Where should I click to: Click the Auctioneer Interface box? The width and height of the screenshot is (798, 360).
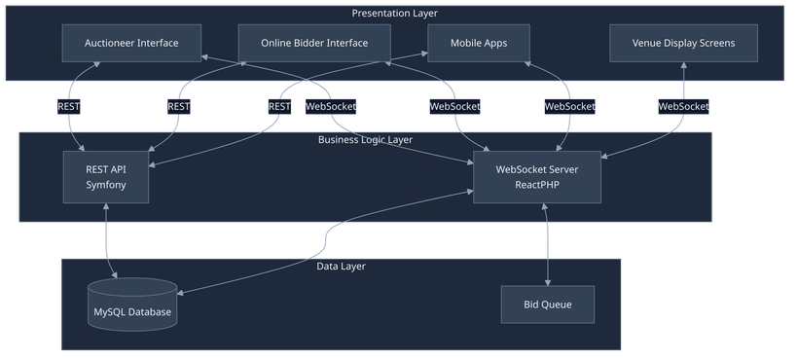[x=132, y=44]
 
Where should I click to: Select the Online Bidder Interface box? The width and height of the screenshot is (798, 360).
[x=314, y=44]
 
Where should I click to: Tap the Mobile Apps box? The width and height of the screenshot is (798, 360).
[x=478, y=44]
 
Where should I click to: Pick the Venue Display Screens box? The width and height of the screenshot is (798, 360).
[x=683, y=44]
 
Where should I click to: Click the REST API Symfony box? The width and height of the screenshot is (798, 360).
[x=106, y=177]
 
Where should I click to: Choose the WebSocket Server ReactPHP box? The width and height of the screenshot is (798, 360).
[x=536, y=177]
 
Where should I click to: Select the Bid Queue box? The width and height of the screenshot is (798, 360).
[x=547, y=305]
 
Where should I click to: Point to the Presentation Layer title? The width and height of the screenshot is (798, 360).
[x=394, y=13]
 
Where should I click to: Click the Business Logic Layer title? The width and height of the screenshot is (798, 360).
[x=365, y=140]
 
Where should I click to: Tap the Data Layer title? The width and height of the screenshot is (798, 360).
[x=341, y=266]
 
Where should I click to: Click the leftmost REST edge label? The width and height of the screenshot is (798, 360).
[x=70, y=106]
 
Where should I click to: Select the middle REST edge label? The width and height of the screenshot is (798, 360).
[x=179, y=106]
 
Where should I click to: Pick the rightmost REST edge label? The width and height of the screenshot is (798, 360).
[x=279, y=106]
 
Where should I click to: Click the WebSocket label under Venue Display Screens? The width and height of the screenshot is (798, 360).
[x=684, y=106]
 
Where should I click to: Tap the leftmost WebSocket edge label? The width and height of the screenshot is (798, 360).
[x=333, y=106]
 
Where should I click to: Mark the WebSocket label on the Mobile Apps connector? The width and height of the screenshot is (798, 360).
[x=569, y=106]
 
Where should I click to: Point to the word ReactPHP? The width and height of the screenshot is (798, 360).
[x=536, y=185]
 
